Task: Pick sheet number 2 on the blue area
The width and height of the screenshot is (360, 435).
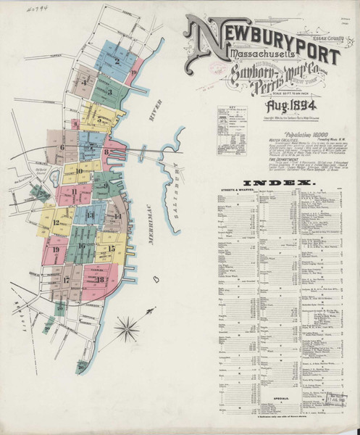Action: tap(115, 61)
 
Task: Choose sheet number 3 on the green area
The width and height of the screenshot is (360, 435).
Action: tap(108, 91)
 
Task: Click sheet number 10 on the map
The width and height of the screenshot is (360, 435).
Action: tap(79, 172)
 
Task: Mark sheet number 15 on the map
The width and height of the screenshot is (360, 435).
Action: tap(112, 249)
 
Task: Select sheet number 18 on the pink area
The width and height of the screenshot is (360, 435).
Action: tap(99, 279)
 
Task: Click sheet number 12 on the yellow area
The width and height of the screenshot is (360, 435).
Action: tap(56, 223)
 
